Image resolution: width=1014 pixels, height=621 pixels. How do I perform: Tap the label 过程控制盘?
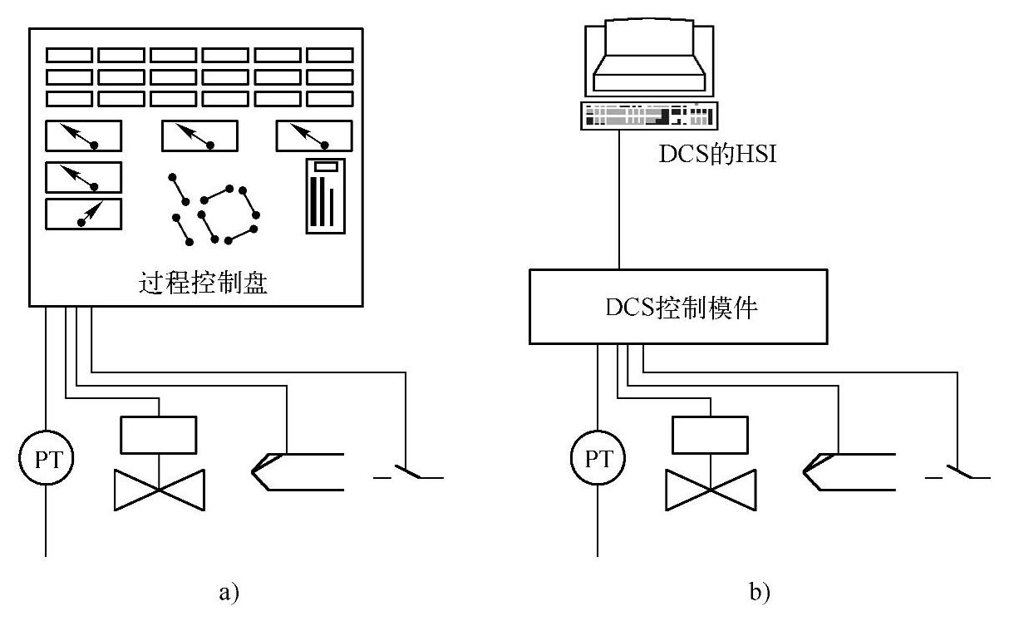click(x=203, y=283)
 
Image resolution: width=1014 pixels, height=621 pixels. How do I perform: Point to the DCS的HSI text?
click(x=717, y=154)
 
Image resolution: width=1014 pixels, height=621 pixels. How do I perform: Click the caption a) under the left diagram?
click(x=229, y=593)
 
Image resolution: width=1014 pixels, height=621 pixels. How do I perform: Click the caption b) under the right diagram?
click(x=760, y=593)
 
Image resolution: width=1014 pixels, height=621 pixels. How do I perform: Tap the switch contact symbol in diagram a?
click(x=408, y=472)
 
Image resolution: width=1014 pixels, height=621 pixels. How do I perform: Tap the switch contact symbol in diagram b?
click(x=957, y=472)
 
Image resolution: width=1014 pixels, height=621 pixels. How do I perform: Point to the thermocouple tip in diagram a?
click(x=253, y=472)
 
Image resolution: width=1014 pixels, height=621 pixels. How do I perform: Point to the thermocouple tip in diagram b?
click(x=804, y=472)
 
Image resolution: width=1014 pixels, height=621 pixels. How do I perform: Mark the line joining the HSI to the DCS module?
click(x=619, y=200)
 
